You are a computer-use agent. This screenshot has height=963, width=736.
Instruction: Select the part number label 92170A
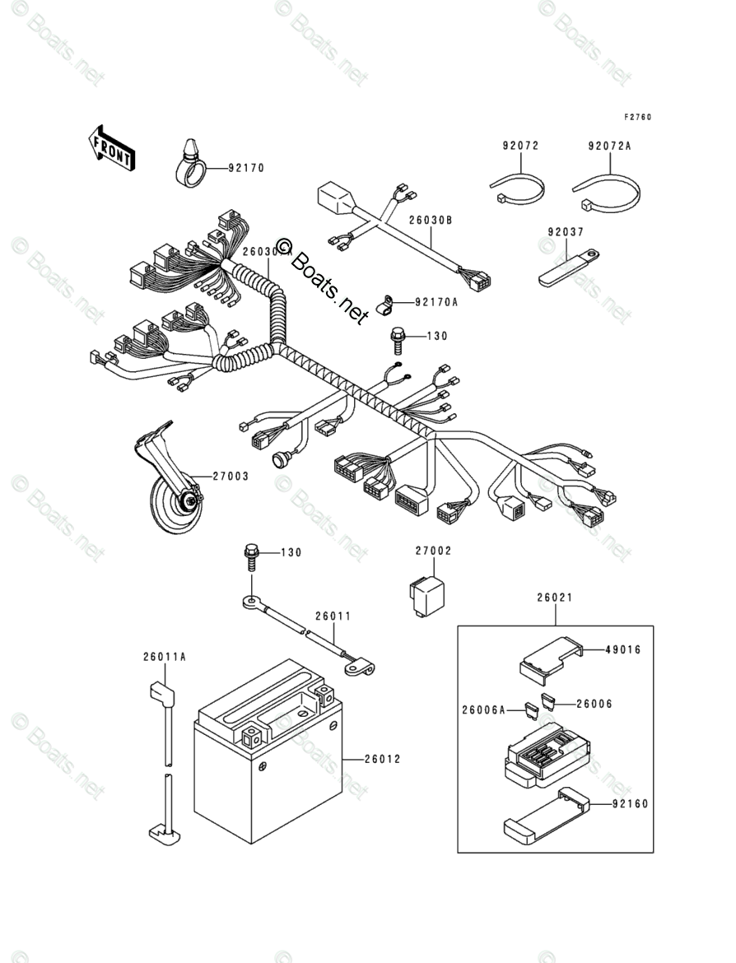click(x=436, y=302)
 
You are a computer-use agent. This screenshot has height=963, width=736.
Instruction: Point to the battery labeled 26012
click(x=268, y=757)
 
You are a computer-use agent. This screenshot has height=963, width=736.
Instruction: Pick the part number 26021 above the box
click(x=556, y=598)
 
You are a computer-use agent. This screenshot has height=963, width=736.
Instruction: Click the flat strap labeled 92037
click(x=568, y=267)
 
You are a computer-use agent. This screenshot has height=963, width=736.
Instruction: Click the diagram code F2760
click(x=636, y=117)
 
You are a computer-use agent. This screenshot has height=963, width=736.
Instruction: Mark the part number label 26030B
click(x=431, y=220)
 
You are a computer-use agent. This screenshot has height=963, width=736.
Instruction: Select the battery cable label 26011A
click(x=165, y=657)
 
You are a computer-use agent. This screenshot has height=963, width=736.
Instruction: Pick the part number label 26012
click(x=383, y=759)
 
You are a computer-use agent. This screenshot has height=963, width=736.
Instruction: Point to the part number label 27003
click(x=231, y=476)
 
